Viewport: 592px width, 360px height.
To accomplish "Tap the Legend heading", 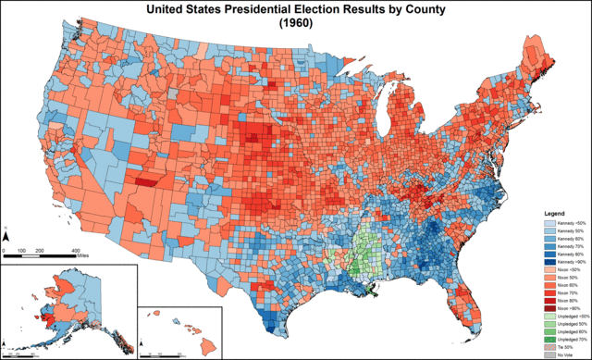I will coord(553,212).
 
